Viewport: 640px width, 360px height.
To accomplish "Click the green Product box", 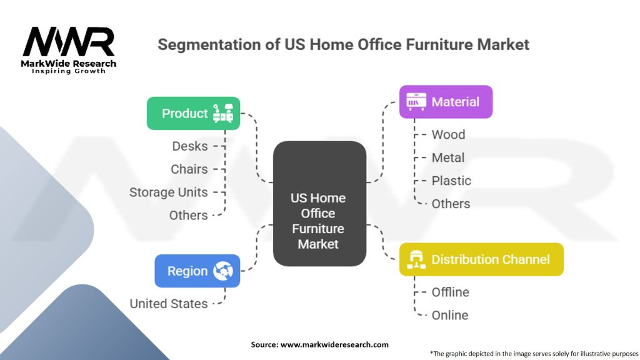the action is [x=193, y=113].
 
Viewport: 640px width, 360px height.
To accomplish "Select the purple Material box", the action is [x=446, y=102].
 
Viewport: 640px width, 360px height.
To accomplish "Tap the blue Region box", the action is [x=197, y=271].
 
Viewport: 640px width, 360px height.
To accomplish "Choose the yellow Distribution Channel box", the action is [x=481, y=259].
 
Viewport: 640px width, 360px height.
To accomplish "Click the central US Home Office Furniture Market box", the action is [x=319, y=221].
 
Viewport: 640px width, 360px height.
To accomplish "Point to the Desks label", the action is [x=190, y=146].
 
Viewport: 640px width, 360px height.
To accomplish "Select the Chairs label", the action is [x=189, y=169].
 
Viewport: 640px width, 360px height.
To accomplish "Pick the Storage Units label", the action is [x=168, y=192].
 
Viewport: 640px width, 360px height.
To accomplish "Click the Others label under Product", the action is [x=188, y=215].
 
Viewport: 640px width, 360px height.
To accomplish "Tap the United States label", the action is [x=168, y=304].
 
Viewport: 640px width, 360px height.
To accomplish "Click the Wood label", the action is [x=448, y=134].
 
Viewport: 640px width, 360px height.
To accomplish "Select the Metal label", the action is [x=448, y=157].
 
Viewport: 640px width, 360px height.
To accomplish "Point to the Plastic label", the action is [x=451, y=181].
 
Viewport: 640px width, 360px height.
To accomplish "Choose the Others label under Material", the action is [x=451, y=204].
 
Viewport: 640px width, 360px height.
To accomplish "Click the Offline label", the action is [x=450, y=292].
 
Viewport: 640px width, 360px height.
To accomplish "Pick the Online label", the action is [x=449, y=315].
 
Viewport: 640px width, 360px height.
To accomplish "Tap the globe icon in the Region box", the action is [x=222, y=271].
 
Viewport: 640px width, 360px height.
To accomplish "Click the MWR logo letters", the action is [x=69, y=42].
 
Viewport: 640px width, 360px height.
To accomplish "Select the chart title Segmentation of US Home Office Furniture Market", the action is [x=343, y=44].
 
